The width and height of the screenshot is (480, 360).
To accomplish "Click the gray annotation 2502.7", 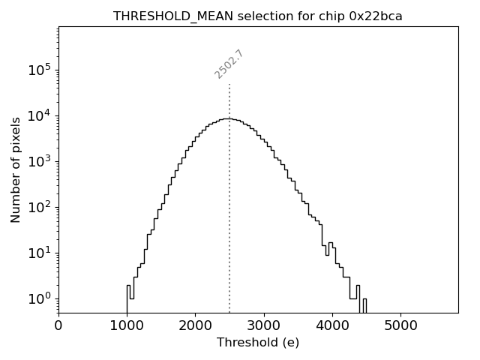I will point(229,64).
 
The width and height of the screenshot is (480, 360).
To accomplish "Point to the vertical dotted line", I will point(229,225).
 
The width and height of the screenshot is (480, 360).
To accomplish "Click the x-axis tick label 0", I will point(58,325).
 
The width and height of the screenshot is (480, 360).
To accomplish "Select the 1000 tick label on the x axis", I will point(127,325).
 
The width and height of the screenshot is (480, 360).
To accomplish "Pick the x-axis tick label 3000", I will point(263,325).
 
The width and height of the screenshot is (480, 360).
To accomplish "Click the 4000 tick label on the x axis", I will point(331,325).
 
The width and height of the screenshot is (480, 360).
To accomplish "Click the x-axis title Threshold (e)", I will point(258,343).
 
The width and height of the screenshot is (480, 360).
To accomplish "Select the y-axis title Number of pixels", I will point(16,169).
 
